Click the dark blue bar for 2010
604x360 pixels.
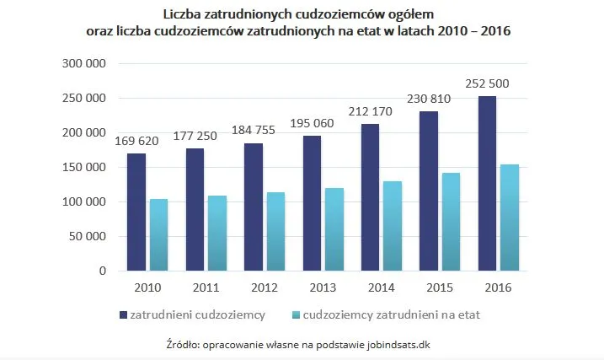coord(136,212)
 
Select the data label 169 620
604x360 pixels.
coord(136,141)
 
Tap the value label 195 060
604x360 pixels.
coord(312,123)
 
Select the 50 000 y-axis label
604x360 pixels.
coord(89,237)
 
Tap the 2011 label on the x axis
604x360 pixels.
coord(206,287)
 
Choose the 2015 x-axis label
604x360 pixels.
coord(440,287)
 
